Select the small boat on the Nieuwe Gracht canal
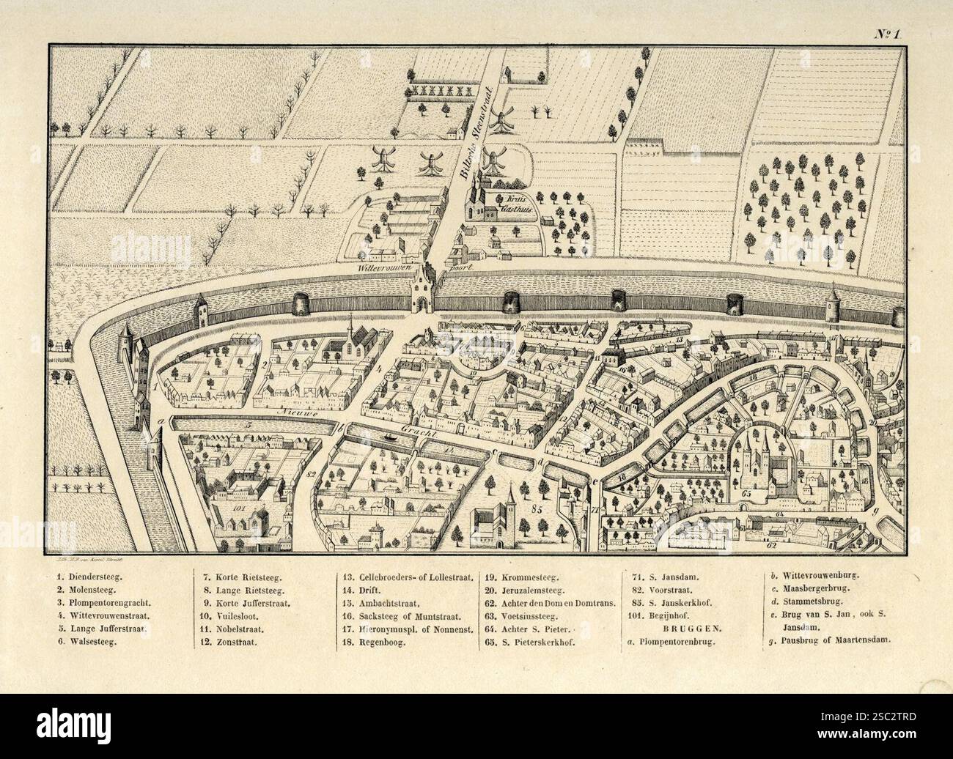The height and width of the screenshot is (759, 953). [x=389, y=434]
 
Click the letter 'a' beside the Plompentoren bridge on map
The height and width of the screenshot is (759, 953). [x=169, y=422]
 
